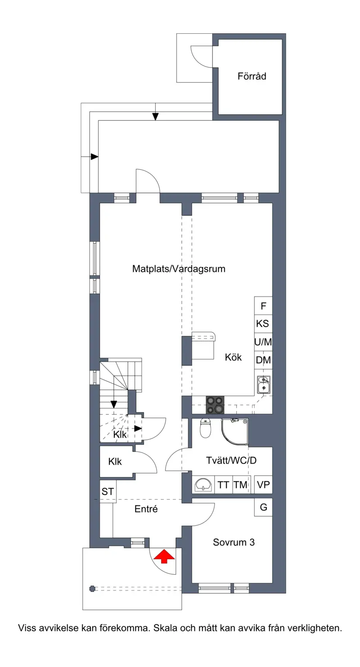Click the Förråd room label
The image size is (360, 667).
pos(252,77)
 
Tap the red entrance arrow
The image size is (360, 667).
pos(164,557)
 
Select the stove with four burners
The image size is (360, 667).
pos(215,405)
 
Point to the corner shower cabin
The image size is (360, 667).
pos(234,432)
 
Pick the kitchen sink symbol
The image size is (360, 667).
pos(264,385)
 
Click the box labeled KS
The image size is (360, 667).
pos(263,324)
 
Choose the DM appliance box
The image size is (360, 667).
pos(263,360)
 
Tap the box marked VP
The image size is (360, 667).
pos(263,484)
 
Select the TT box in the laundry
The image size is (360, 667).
pos(223,484)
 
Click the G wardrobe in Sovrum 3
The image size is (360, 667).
pos(263,507)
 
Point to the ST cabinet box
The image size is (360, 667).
pos(108,491)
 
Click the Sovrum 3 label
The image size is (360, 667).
pos(234,542)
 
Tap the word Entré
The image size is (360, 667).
pos(146,509)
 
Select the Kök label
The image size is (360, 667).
pos(233,357)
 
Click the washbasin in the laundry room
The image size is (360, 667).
pos(203,484)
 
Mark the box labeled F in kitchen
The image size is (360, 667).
pos(263,306)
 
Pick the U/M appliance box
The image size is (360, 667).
pos(263,342)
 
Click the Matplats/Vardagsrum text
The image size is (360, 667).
pos(179,269)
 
